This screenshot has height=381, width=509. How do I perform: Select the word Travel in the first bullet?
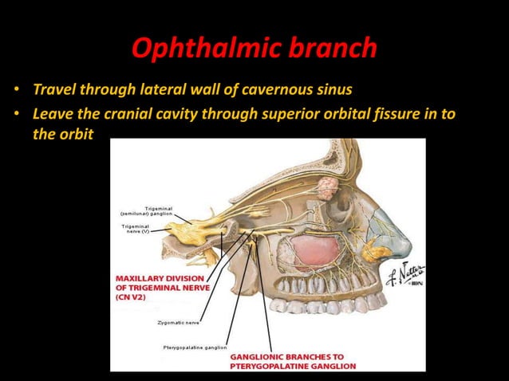pyautogui.click(x=54, y=87)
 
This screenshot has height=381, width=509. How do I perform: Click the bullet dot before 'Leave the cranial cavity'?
pyautogui.click(x=15, y=113)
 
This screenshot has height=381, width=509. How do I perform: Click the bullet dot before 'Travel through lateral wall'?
pyautogui.click(x=15, y=87)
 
